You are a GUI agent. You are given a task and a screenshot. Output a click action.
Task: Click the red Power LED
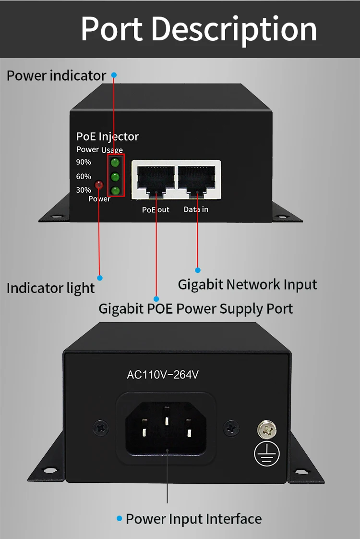[x=99, y=185]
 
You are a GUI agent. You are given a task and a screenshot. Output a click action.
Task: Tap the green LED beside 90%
[x=115, y=162]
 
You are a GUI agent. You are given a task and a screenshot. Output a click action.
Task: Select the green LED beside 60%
[x=115, y=177]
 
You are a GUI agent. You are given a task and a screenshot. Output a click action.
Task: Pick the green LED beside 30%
[x=115, y=190]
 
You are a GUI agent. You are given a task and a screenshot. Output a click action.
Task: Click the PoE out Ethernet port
[x=156, y=181]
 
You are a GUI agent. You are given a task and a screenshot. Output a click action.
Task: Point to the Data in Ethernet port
[x=197, y=181]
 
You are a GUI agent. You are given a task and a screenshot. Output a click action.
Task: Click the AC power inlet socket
[x=166, y=429]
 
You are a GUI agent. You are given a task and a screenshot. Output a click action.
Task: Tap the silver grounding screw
[x=266, y=429]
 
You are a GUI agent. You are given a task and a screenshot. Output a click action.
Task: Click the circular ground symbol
[x=266, y=453]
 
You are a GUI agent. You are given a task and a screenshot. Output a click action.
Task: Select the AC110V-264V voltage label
[x=163, y=374]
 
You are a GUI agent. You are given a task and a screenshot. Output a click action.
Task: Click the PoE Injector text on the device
[x=108, y=137]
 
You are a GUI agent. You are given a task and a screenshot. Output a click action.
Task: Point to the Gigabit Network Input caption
[x=247, y=284]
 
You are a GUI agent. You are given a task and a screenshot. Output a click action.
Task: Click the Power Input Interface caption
[x=194, y=519]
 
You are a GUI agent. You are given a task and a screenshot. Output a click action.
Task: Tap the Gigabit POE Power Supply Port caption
[x=196, y=309]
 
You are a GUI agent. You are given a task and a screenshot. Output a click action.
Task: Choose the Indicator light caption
[x=50, y=288]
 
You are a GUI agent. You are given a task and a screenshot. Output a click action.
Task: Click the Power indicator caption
[x=56, y=75]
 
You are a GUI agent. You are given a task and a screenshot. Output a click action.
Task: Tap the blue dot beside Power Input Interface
[x=119, y=518]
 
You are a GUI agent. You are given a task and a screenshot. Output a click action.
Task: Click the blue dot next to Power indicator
[x=114, y=75]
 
